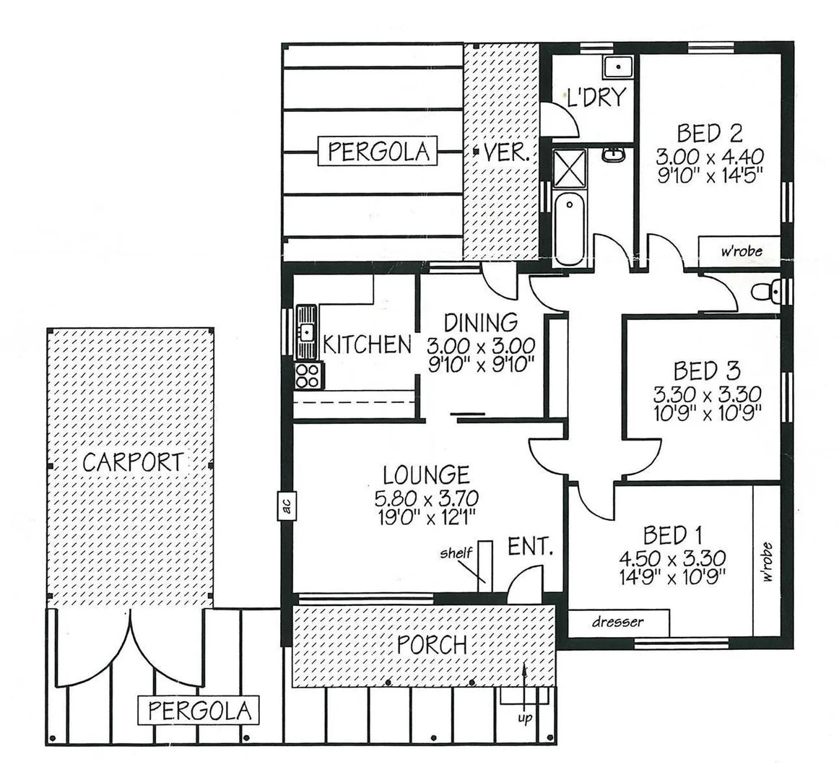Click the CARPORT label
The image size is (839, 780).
click(133, 461)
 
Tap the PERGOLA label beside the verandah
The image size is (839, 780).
click(378, 152)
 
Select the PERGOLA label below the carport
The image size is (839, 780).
click(197, 711)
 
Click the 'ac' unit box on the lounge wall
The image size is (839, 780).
click(286, 506)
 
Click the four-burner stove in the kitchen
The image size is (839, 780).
click(309, 376)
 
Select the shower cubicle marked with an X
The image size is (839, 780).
click(570, 168)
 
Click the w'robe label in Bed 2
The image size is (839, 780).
click(742, 252)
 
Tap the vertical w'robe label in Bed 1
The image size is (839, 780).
click(766, 562)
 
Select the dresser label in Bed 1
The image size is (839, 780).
click(617, 622)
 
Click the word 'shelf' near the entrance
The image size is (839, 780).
click(456, 553)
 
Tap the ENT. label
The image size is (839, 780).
click(531, 546)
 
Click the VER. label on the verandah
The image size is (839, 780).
click(508, 152)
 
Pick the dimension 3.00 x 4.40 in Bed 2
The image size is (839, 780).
click(709, 155)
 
